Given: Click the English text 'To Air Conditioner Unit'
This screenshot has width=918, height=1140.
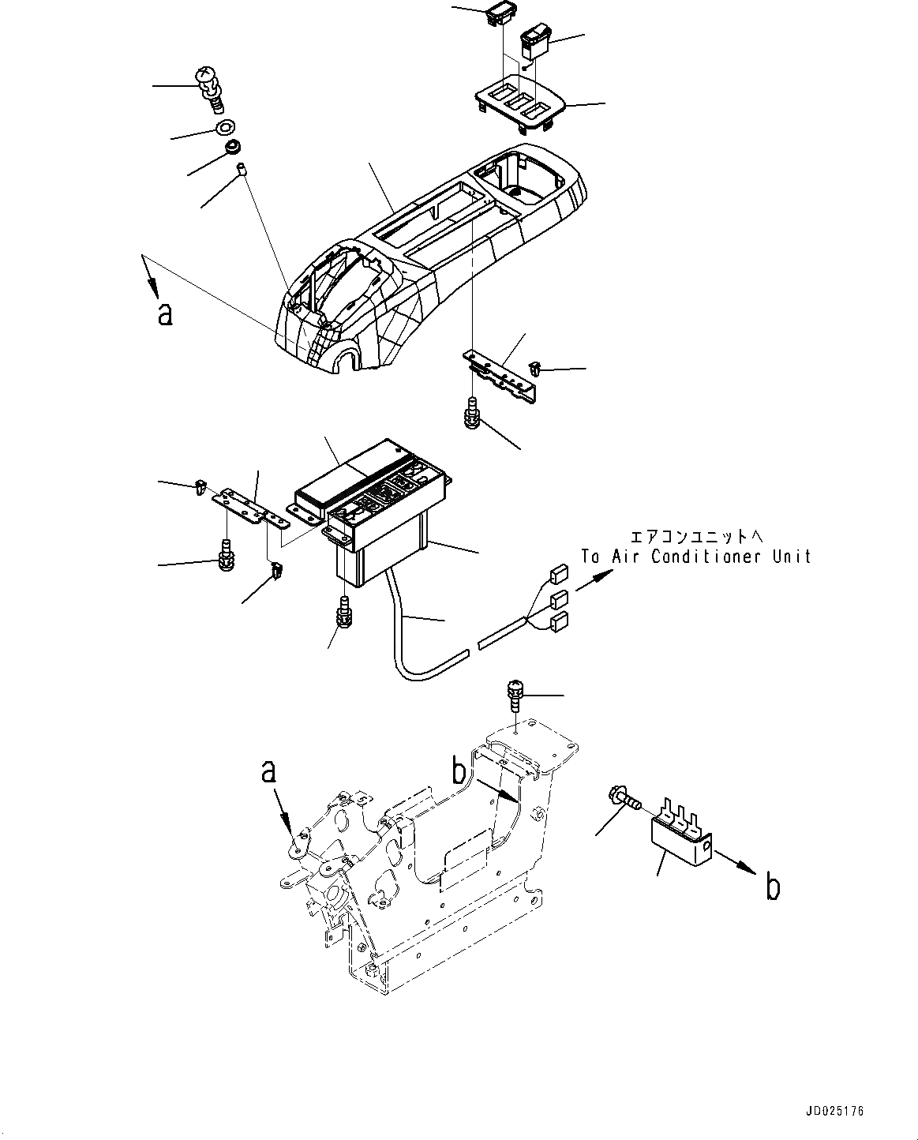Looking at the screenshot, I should point(696,556).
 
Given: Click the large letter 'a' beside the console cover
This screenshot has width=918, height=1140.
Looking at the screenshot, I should point(164,313).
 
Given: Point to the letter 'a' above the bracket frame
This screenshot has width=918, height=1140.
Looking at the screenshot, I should point(269,771).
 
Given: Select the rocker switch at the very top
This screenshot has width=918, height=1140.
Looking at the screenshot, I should point(500,13).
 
